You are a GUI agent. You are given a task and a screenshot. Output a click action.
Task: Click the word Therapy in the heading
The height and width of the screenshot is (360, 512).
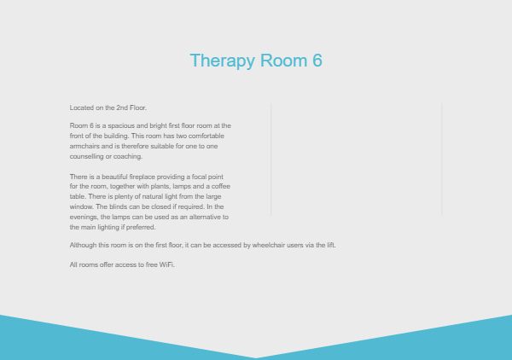tap(222, 61)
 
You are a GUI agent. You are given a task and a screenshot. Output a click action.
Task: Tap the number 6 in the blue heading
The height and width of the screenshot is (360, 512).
tap(317, 61)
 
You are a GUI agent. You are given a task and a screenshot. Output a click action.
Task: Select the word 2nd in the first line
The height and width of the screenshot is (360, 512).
tap(122, 107)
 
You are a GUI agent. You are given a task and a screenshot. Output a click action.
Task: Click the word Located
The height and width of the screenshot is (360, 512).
tap(82, 107)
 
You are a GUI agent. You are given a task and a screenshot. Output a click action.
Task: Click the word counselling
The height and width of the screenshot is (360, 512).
tap(86, 157)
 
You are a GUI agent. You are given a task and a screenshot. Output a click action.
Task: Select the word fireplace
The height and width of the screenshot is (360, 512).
tap(142, 177)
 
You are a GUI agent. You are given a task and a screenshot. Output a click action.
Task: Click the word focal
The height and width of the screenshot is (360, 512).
tap(199, 177)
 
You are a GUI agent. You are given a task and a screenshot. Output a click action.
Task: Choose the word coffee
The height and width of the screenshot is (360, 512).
tap(221, 186)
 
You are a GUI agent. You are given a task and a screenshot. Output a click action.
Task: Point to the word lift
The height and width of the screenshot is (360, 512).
tap(331, 245)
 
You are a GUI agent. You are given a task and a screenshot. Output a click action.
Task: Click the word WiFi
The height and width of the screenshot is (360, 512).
tap(167, 264)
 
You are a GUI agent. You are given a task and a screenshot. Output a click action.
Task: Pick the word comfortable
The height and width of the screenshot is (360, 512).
tap(206, 136)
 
